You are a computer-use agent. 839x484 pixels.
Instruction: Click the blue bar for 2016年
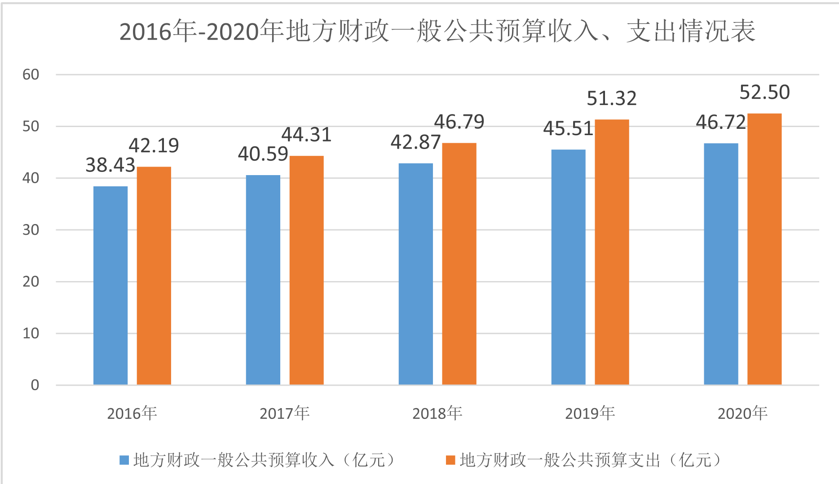tap(110, 286)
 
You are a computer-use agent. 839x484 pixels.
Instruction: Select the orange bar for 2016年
tap(154, 276)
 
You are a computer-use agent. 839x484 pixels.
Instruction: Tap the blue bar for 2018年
tap(416, 274)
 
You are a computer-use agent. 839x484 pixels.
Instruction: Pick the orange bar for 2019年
tap(612, 252)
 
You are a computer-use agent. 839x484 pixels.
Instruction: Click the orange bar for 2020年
tap(764, 249)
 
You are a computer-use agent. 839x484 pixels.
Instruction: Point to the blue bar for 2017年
tap(263, 280)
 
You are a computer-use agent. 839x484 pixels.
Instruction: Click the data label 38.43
tap(110, 165)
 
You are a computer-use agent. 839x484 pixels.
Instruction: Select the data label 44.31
tap(307, 135)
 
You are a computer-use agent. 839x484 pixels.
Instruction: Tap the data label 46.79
tap(459, 122)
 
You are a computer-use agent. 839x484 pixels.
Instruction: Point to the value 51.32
tap(612, 98)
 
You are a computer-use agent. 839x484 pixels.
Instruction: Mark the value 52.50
tap(764, 92)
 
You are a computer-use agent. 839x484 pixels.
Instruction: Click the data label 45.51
tap(568, 129)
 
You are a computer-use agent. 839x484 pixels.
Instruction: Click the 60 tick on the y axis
tap(31, 75)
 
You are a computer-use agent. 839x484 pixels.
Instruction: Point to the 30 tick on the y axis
tap(31, 230)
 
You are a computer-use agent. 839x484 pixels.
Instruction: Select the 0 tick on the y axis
tap(35, 385)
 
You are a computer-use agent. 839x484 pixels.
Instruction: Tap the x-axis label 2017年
tap(285, 413)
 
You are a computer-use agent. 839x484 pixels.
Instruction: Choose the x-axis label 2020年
tap(742, 413)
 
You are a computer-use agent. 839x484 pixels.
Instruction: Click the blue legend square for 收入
tap(124, 460)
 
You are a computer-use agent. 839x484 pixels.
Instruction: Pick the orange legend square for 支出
tap(450, 460)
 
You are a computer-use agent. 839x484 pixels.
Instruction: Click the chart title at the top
tap(437, 31)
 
